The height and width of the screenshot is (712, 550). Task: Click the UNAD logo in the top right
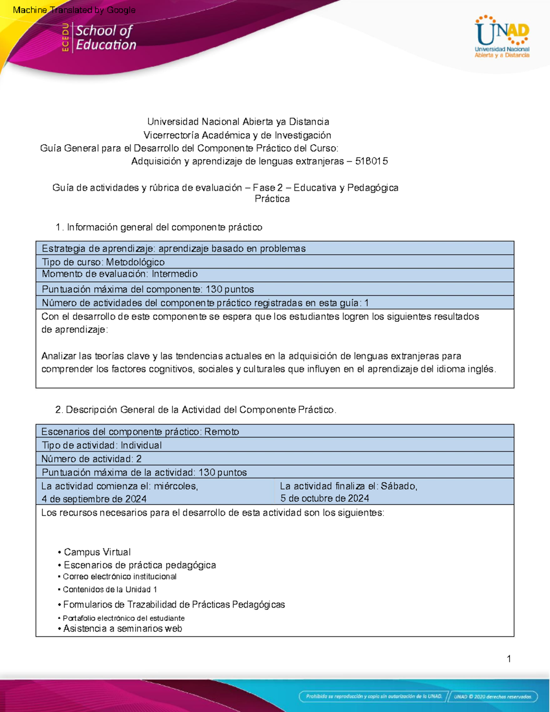502,37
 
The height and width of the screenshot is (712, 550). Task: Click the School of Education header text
105,38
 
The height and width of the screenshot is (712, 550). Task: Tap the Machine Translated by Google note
74,10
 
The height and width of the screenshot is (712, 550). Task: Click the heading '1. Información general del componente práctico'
159,227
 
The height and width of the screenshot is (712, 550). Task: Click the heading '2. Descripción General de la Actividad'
196,410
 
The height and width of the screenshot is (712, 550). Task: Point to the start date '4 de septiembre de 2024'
94,499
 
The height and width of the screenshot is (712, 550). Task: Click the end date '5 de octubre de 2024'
324,498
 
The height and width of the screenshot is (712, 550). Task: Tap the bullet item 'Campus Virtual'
97,552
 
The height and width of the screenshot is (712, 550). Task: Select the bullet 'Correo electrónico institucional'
119,577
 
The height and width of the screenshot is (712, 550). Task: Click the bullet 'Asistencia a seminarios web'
122,629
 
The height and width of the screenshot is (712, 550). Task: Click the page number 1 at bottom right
509,659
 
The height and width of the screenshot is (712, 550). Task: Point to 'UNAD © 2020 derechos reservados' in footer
493,696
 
